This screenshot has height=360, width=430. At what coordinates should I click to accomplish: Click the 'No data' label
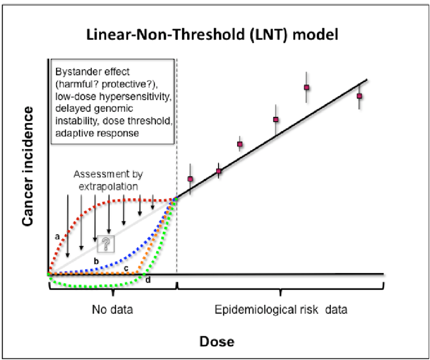point(112,309)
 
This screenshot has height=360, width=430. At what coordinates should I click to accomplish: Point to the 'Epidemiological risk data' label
point(281,309)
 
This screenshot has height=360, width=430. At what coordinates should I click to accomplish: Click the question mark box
point(106,243)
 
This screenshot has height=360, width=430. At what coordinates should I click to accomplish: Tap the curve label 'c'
point(126,267)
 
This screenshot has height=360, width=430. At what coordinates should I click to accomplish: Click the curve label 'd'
point(148,280)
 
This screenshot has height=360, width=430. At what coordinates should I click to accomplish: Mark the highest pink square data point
point(307,87)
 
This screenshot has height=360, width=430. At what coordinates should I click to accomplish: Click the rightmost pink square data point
point(359,96)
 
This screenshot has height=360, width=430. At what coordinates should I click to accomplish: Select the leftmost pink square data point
point(190,179)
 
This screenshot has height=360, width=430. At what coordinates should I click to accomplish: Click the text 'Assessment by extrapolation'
point(108,180)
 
